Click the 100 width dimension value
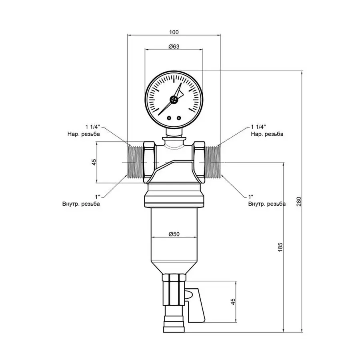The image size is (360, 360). coord(174,32)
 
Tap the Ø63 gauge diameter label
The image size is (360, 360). coord(174,46)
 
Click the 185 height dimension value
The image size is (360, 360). coord(280,247)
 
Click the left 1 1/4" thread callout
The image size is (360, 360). coord(92,126)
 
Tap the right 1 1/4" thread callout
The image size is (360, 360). coord(258,126)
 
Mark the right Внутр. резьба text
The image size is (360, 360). coord(266,204)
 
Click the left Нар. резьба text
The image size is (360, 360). coord(84,134)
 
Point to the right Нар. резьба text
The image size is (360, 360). coord(267,134)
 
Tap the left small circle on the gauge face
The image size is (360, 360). coord(169,118)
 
